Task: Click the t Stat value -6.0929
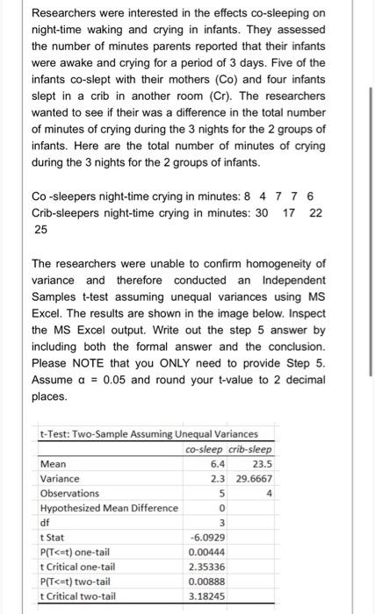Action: (207, 537)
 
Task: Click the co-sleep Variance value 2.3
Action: (220, 478)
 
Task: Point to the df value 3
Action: (224, 522)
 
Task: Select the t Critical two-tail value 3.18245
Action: (207, 596)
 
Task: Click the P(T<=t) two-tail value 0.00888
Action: (207, 581)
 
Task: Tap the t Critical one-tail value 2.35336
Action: (207, 566)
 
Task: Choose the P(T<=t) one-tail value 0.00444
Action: (207, 552)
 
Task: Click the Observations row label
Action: (70, 493)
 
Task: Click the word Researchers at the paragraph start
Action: (67, 13)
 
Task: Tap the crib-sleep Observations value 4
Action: (269, 493)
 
